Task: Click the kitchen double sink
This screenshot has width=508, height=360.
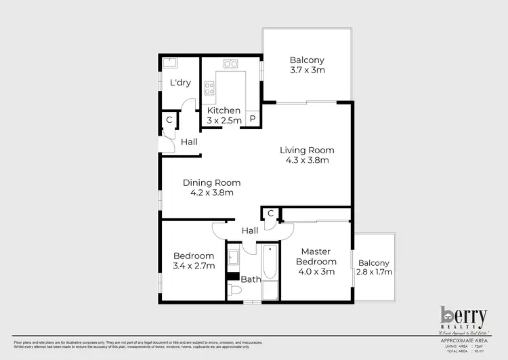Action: coord(231,64)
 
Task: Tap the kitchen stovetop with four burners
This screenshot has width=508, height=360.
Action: coord(210,87)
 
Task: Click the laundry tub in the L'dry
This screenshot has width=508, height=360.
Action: coord(169,64)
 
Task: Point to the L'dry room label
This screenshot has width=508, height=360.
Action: coord(180,83)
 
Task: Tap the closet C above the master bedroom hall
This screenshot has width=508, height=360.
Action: coord(270,214)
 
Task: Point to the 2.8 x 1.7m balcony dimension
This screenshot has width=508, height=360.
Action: coord(374,273)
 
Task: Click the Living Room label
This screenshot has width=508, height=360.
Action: coord(307,150)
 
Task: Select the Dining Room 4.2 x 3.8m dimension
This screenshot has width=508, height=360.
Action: coord(212,193)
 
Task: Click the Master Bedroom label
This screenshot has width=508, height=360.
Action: coord(316,257)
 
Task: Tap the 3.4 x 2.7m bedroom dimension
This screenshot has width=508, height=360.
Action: coord(194,266)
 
